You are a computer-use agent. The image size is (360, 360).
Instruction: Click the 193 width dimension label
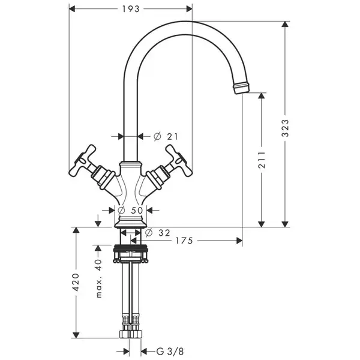click(131, 9)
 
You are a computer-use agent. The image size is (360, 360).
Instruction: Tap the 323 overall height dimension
click(285, 128)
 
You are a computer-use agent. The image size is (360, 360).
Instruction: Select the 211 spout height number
click(262, 160)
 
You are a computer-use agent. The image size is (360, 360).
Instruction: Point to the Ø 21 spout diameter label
click(166, 137)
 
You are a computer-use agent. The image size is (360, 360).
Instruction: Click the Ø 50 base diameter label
click(130, 210)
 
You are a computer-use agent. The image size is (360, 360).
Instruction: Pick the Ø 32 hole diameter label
click(158, 233)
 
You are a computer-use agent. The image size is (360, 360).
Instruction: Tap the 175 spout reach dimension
click(184, 241)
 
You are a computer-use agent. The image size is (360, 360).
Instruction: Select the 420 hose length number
click(76, 282)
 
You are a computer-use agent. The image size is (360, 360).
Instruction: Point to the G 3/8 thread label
click(170, 351)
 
